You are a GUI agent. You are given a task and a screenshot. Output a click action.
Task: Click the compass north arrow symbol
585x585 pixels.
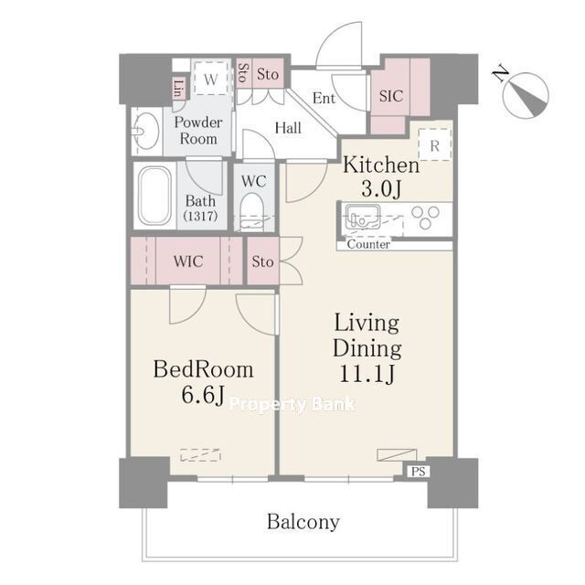pos(526,95)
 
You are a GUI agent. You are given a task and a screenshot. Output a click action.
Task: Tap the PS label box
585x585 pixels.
pos(418,472)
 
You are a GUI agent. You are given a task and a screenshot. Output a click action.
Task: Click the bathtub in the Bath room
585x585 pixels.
pos(154,197)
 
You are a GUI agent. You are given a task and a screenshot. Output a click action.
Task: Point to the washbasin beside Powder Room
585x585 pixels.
pos(146,132)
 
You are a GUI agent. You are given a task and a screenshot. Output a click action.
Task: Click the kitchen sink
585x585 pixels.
pos(362,217)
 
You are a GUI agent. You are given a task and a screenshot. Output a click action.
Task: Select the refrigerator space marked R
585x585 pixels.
pos(435,144)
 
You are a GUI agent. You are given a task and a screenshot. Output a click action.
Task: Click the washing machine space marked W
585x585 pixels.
pos(211,80)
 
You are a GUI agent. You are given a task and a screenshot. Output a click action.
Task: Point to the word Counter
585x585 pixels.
pos(368,244)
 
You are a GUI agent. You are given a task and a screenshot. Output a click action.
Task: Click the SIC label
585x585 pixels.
pos(391,96)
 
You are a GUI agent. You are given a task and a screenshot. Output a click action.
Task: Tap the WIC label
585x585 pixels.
pos(188,261)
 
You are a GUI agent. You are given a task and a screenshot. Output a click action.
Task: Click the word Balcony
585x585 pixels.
pos(303,522)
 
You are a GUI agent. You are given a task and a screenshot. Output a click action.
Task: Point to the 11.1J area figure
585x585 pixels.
pos(367,374)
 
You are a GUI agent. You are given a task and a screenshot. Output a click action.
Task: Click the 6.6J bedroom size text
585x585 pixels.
pos(203,395)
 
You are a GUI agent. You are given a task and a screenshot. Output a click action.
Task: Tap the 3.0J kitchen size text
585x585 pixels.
pos(381,188)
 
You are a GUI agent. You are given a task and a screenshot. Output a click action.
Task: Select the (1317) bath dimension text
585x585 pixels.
pos(200,217)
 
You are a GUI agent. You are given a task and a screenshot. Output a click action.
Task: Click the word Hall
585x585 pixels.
pos(288,128)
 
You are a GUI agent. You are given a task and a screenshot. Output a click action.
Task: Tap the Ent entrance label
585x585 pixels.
pos(324,99)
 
